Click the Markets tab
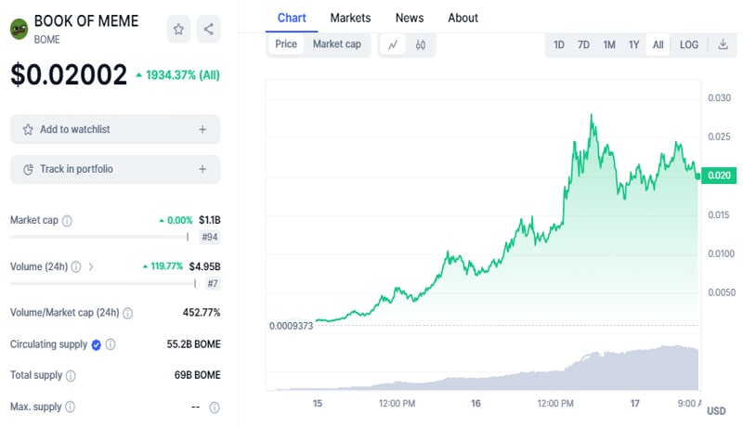pyautogui.click(x=350, y=18)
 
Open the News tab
pyautogui.click(x=410, y=18)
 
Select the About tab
pyautogui.click(x=463, y=18)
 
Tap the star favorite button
pyautogui.click(x=178, y=29)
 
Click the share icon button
pyautogui.click(x=208, y=29)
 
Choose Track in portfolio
pyautogui.click(x=115, y=169)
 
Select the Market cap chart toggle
pyautogui.click(x=336, y=44)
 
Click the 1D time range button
pyautogui.click(x=559, y=45)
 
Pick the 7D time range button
pyautogui.click(x=583, y=45)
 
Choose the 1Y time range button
pyautogui.click(x=633, y=45)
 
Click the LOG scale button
pyautogui.click(x=689, y=45)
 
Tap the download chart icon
pyautogui.click(x=723, y=45)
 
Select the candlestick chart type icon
pyautogui.click(x=421, y=45)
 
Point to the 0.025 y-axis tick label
pyautogui.click(x=719, y=137)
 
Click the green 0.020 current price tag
pyautogui.click(x=719, y=175)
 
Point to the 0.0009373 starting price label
pyautogui.click(x=291, y=326)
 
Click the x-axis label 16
pyautogui.click(x=476, y=404)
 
